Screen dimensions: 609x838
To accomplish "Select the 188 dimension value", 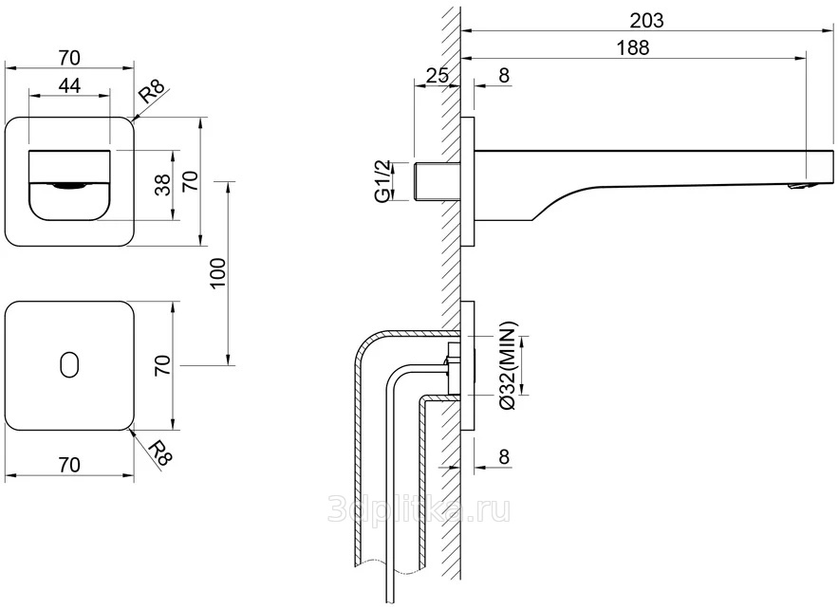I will coord(632,49).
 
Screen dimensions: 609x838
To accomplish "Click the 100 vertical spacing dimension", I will coord(216,272).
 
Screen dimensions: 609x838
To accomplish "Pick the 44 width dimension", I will coord(69,85).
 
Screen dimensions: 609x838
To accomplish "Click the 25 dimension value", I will coord(437,75).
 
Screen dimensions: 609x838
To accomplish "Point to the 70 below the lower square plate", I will coord(67,464).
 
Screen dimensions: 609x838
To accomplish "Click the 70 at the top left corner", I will coord(69,55).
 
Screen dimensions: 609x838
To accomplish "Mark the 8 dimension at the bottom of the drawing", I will coord(504,456).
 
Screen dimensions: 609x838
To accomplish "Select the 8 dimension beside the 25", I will coord(504,75).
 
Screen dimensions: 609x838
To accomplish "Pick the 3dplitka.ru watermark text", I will coord(419,509).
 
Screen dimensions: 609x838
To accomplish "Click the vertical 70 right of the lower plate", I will coord(162,366).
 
